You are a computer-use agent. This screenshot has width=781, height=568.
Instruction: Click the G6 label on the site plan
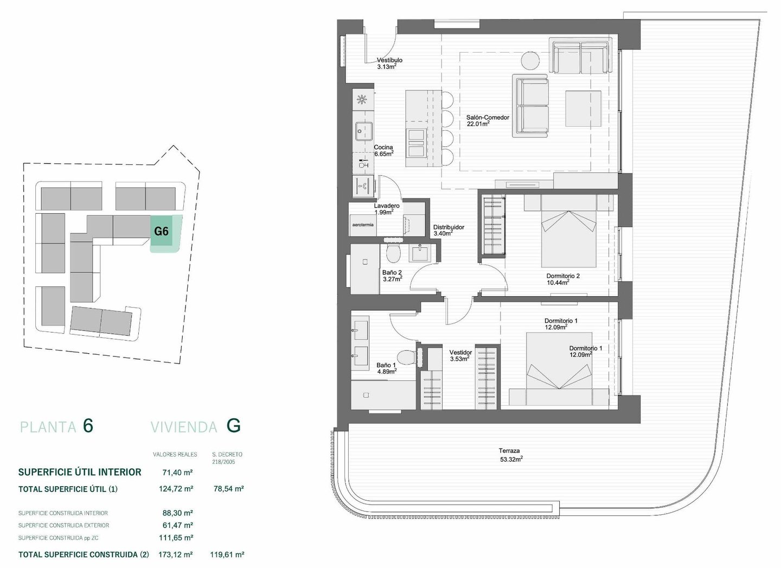[x=162, y=231]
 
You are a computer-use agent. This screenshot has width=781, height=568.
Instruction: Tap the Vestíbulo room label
[x=389, y=60]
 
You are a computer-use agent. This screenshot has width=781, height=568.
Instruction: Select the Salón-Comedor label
[x=488, y=118]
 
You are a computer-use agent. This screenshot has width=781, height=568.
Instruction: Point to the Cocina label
[x=383, y=148]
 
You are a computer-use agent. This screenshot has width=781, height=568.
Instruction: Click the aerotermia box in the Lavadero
[x=363, y=225]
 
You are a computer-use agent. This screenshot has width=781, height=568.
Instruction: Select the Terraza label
[x=509, y=450]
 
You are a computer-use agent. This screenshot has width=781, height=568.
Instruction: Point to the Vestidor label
[x=460, y=353]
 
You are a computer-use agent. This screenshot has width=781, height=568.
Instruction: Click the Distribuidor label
[x=449, y=227]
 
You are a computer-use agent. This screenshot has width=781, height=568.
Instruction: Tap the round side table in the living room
[x=530, y=61]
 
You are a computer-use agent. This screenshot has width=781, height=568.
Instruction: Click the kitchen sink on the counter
[x=363, y=132]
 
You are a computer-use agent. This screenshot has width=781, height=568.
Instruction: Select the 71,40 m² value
[x=178, y=473]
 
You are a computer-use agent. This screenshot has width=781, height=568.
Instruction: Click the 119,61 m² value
[x=227, y=554]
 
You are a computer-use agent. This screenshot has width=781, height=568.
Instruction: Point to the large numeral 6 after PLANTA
[x=88, y=426]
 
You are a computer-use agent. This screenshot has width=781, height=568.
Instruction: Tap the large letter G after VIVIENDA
[x=233, y=426]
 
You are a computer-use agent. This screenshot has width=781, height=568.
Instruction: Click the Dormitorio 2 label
[x=563, y=276]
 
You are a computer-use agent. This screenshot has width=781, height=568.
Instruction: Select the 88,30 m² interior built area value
[x=178, y=513]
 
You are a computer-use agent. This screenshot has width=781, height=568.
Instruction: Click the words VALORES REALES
[x=175, y=454]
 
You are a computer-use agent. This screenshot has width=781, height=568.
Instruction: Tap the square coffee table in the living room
[x=584, y=109]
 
